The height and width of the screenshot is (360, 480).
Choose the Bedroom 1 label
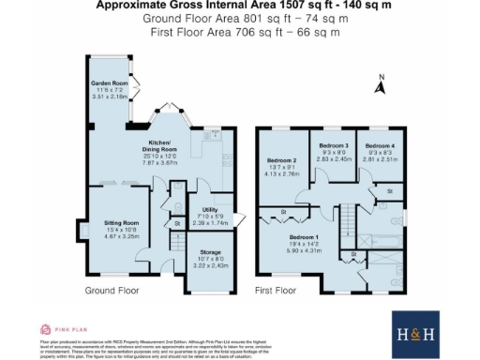(x=303, y=238)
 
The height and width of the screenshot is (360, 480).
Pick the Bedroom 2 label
(x=281, y=160)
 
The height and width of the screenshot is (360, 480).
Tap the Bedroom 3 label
(x=335, y=146)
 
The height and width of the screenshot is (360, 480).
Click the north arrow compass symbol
(x=381, y=85)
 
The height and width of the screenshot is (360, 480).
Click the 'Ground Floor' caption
(x=113, y=292)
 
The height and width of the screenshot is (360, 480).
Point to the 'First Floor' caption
(x=277, y=292)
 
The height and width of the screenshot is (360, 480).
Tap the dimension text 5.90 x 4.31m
(x=303, y=250)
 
